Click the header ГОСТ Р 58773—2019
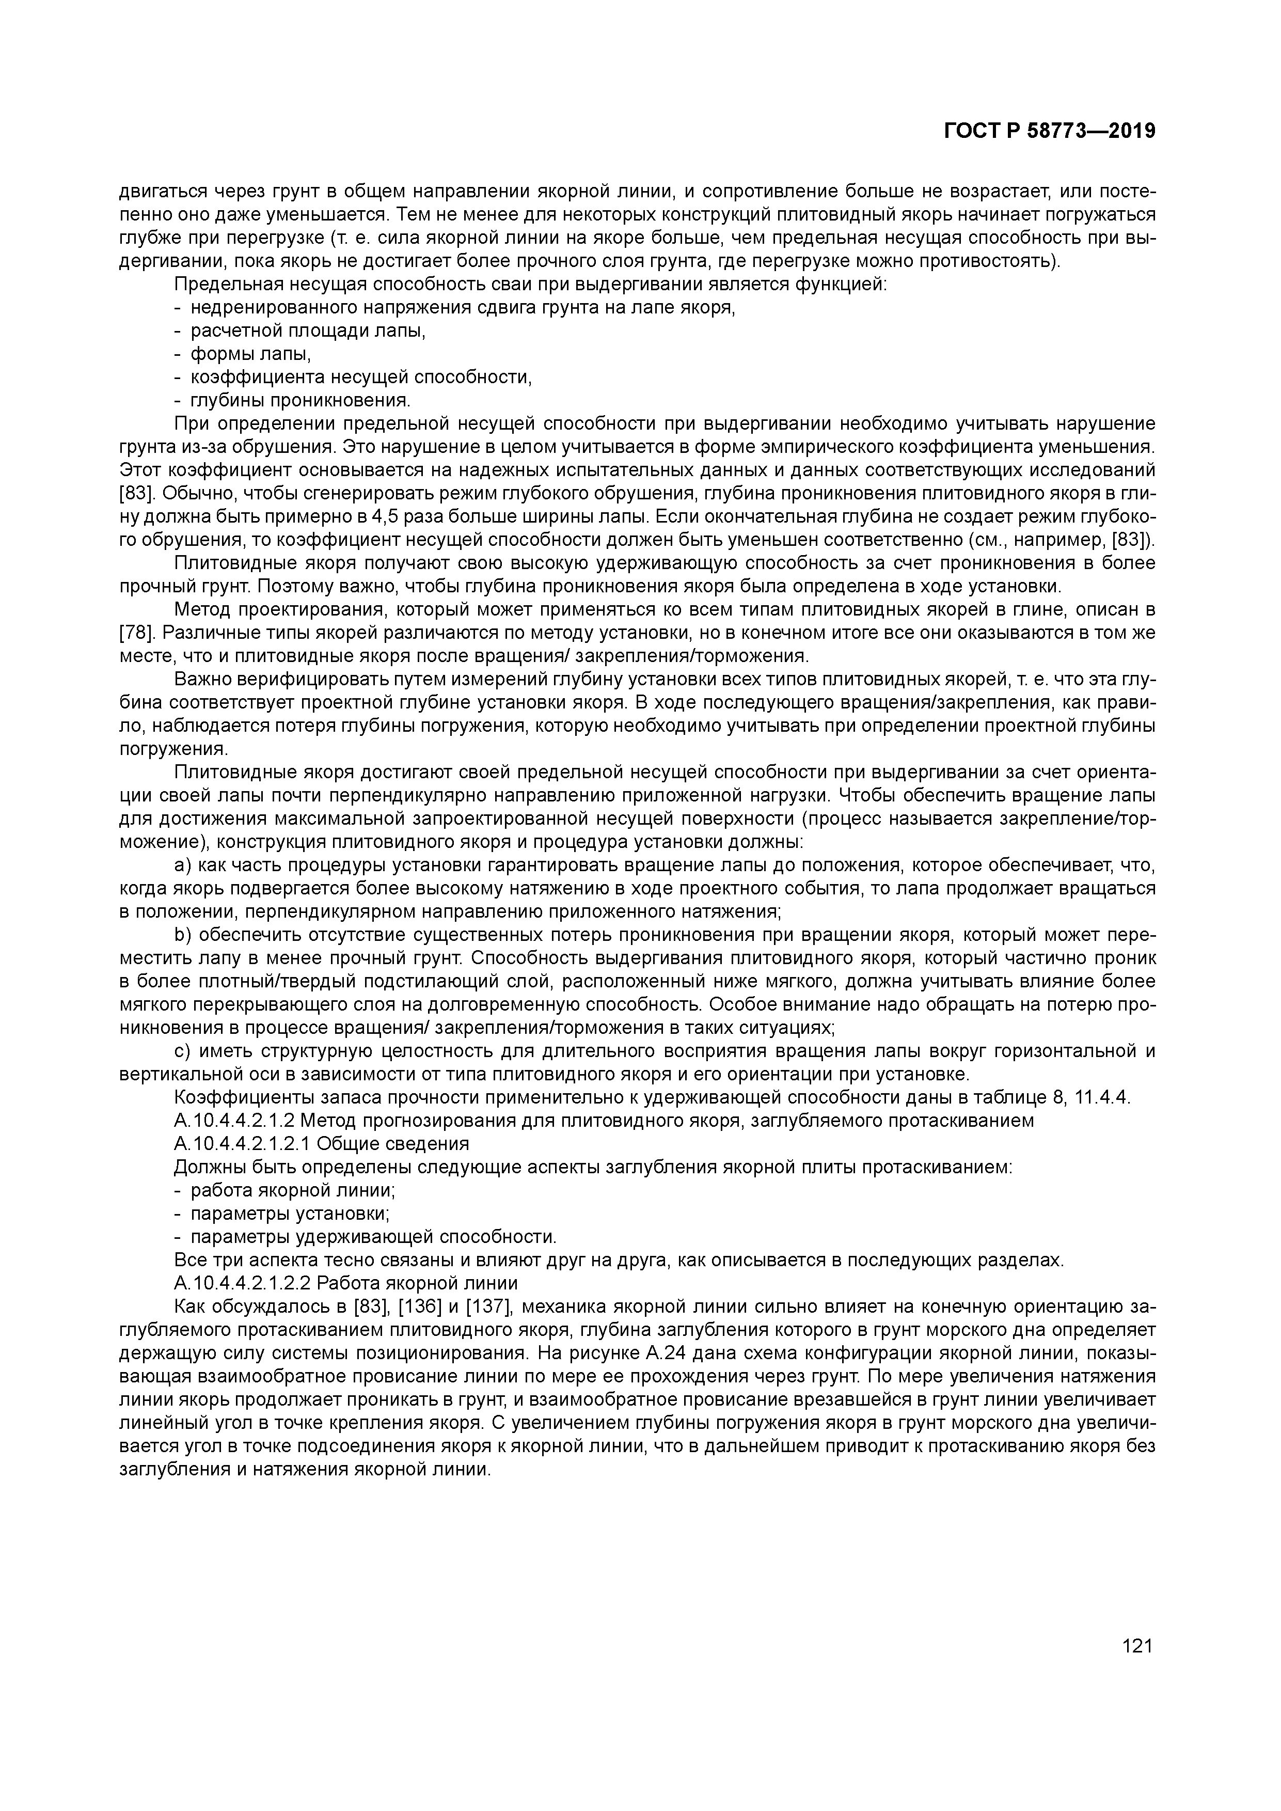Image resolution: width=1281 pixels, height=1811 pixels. tap(1049, 131)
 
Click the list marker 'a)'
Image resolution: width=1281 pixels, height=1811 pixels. tap(182, 865)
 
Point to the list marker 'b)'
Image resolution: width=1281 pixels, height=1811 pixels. tap(182, 936)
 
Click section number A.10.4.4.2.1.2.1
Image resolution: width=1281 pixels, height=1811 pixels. tap(242, 1144)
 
